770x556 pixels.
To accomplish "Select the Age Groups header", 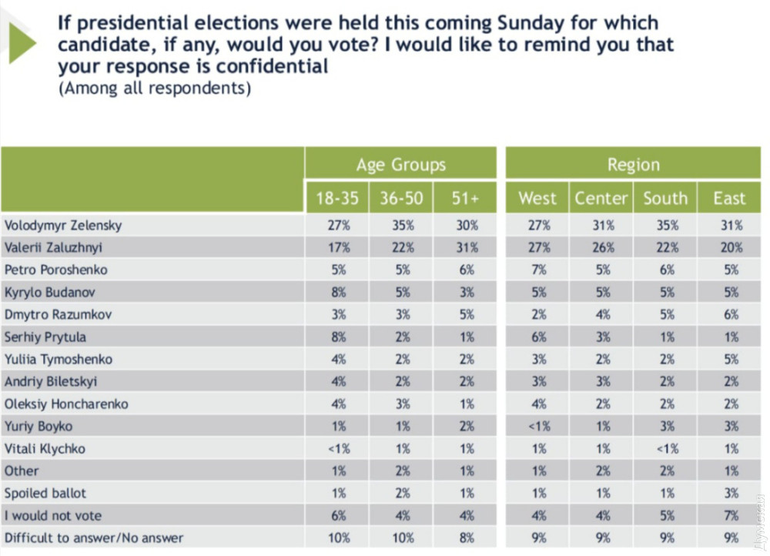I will click(400, 165).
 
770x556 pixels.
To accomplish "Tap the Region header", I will click(633, 165).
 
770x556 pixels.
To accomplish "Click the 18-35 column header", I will click(337, 198).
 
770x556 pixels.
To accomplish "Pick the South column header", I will click(665, 198).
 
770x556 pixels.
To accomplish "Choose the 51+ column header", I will click(465, 198).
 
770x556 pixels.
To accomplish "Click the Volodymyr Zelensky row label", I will click(63, 226).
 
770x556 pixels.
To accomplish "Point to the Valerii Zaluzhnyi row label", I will click(54, 248).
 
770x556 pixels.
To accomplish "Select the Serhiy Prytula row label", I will click(45, 337).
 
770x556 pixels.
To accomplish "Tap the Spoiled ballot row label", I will click(45, 493).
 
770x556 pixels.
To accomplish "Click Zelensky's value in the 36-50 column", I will click(402, 226).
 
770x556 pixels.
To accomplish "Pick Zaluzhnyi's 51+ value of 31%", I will click(466, 248).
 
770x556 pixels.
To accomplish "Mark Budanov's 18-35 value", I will click(338, 293).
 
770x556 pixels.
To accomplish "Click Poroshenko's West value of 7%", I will click(538, 270).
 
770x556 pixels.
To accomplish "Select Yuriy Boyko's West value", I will click(538, 427).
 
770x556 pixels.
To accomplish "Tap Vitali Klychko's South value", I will click(666, 449).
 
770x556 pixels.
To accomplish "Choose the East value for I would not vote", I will click(731, 515).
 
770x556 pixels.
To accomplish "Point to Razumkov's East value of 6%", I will click(731, 315).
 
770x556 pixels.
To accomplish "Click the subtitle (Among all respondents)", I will click(155, 88).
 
